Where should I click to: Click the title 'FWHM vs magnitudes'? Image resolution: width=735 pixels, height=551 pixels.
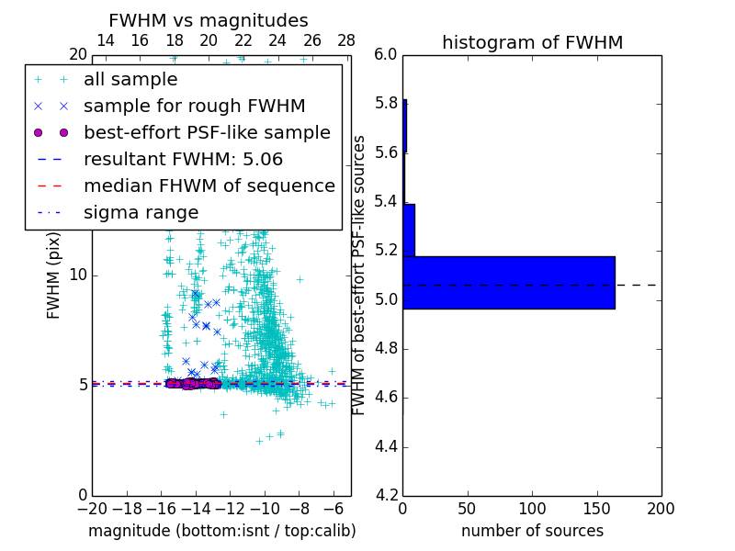tap(208, 20)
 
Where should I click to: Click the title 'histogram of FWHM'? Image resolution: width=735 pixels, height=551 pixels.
tap(532, 42)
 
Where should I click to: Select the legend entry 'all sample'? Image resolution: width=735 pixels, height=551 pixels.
tap(130, 80)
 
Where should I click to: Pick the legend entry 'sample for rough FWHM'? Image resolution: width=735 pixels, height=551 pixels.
tap(194, 107)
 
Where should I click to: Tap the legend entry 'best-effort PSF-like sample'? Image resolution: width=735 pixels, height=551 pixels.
tap(207, 133)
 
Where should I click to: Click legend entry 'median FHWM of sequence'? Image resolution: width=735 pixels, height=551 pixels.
tap(209, 186)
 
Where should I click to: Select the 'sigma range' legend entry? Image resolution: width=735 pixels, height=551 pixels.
tap(141, 213)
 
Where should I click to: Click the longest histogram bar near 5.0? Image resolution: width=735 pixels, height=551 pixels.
tap(508, 283)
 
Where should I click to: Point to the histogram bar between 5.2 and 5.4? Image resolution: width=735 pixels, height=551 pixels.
tap(409, 230)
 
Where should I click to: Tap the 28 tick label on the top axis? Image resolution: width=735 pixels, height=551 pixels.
tap(346, 40)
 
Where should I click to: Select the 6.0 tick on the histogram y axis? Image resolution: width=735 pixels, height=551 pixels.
tap(385, 55)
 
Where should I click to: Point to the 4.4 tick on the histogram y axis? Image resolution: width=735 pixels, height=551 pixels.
tap(385, 447)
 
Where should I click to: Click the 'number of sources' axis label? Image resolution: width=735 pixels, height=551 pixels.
tap(532, 531)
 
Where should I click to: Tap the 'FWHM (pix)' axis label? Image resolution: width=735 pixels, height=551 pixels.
tap(54, 275)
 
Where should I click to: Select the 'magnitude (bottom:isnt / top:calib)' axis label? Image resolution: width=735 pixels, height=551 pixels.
tap(221, 531)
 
